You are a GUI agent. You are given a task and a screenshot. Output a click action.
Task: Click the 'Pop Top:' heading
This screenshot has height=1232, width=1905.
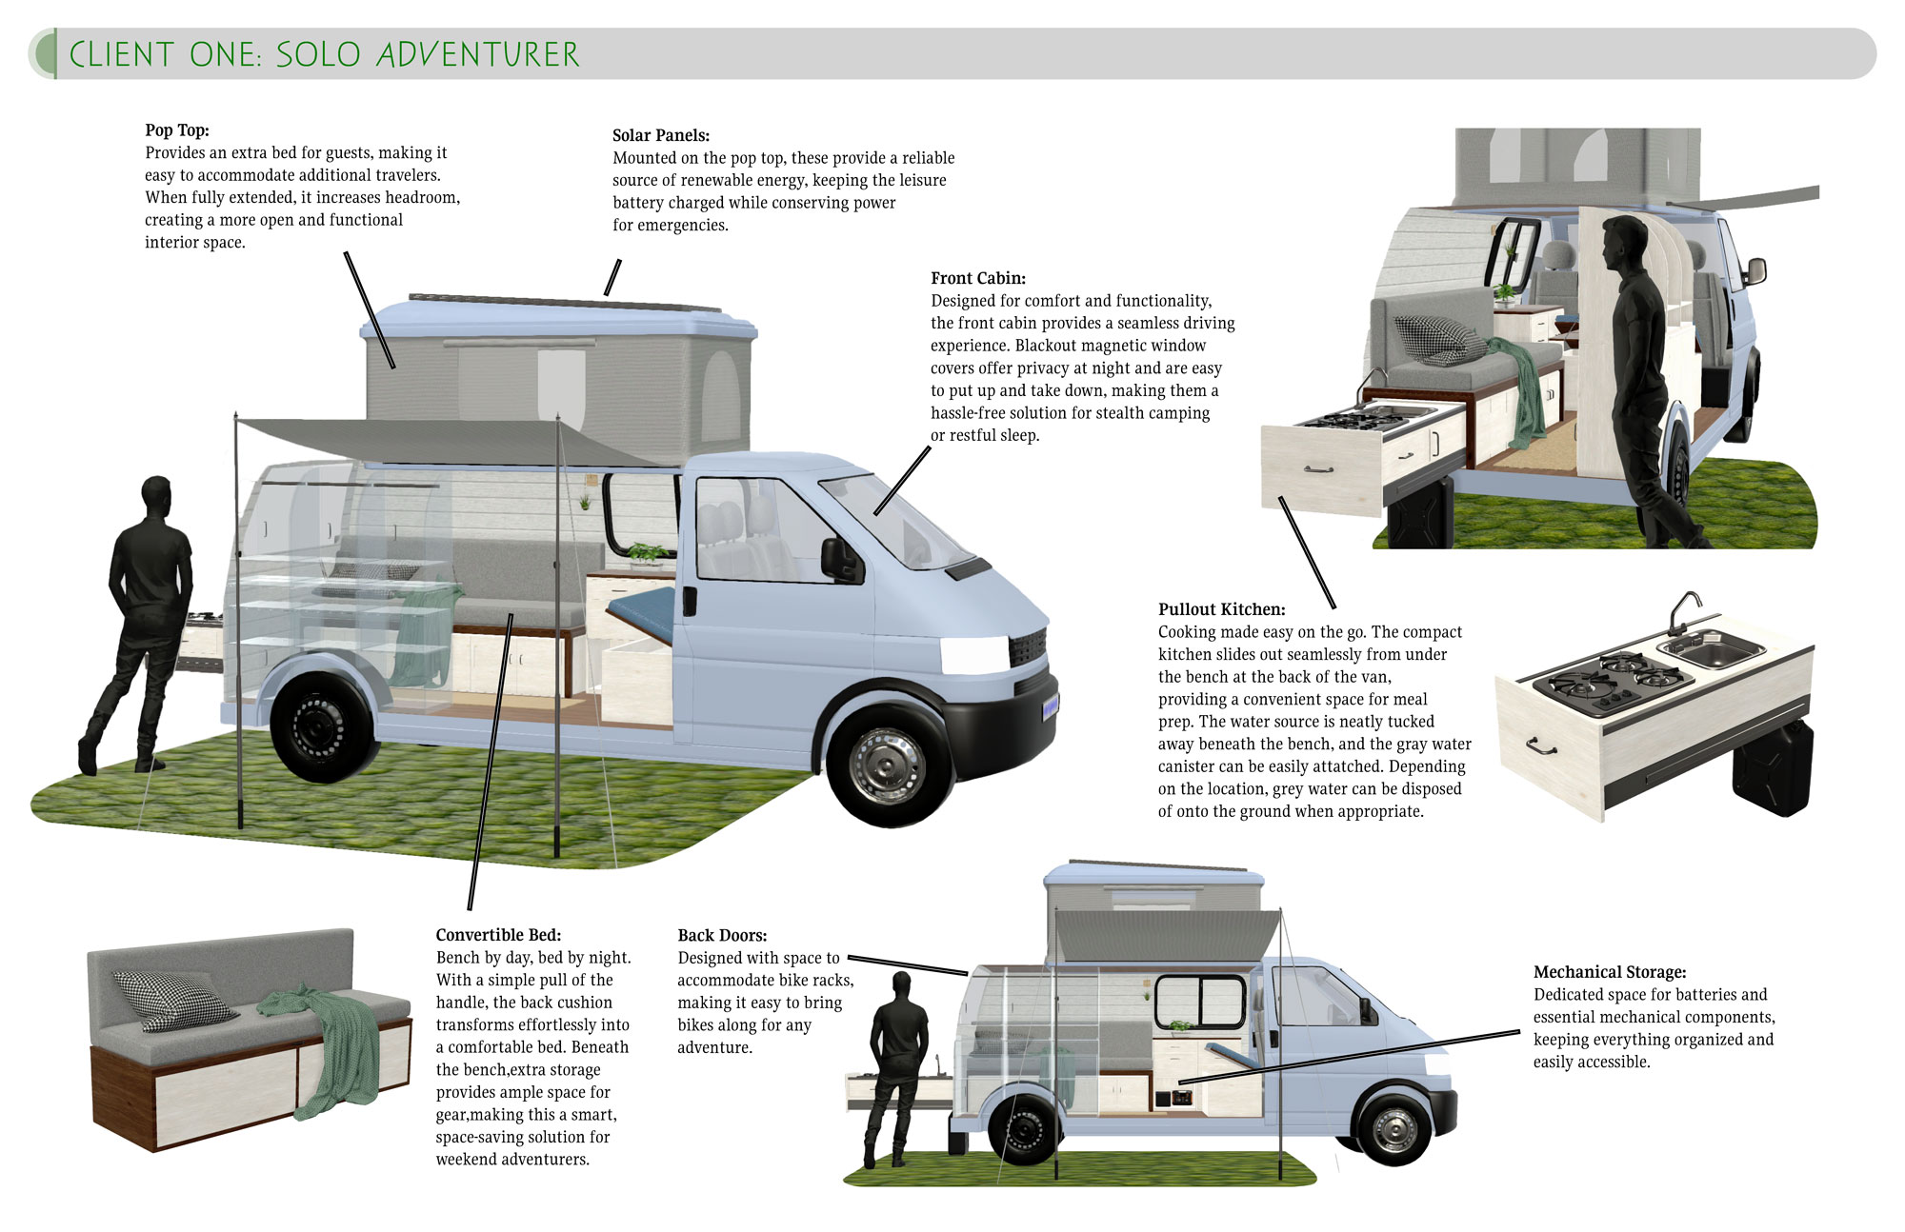[x=177, y=130]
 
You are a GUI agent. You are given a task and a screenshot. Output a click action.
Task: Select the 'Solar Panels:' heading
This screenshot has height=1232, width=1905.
[x=661, y=135]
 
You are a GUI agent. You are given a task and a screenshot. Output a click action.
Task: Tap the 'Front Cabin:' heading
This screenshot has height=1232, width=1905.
[x=978, y=278]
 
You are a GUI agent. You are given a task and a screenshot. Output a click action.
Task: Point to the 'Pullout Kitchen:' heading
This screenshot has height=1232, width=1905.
[x=1222, y=609]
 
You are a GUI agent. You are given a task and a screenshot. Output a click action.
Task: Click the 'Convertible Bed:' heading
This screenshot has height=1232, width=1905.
[x=499, y=935]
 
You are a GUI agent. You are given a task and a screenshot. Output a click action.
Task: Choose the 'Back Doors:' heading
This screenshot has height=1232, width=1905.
[x=722, y=935]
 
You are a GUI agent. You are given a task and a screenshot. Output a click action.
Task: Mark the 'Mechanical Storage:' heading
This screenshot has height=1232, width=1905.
[x=1610, y=972]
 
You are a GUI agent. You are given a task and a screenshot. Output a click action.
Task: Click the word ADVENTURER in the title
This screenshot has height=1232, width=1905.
[x=478, y=54]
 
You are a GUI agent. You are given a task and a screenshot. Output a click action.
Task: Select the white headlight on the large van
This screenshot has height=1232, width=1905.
[x=974, y=654]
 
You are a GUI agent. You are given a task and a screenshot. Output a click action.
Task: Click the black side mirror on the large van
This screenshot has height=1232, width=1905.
[x=842, y=559]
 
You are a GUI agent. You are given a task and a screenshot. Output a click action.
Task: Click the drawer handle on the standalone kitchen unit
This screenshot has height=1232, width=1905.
[x=1540, y=745]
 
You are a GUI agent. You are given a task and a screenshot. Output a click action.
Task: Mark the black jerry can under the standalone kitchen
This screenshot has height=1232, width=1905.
[x=1773, y=767]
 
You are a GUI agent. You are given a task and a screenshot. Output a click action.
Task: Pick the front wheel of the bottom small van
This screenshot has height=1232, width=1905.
[x=1394, y=1130]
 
